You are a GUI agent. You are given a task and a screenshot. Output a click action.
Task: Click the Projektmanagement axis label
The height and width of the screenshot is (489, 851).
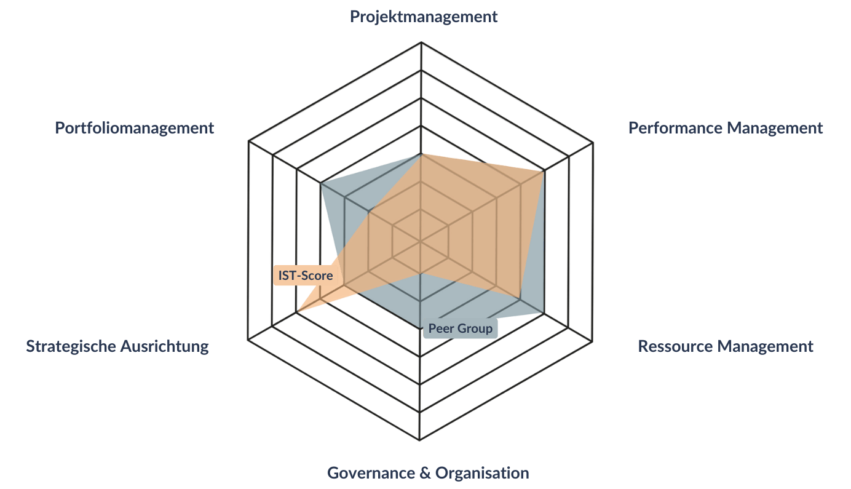click(424, 17)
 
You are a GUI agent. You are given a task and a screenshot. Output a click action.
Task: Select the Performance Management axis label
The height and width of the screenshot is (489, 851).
click(725, 128)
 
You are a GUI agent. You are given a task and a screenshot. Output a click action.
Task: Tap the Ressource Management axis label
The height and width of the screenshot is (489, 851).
click(725, 346)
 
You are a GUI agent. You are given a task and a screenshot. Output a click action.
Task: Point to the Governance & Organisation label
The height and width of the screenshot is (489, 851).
click(428, 474)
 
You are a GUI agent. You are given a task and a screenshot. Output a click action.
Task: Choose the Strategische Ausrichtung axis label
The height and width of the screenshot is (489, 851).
click(117, 346)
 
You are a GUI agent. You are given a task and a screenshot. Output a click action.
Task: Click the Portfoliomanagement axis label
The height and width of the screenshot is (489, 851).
click(135, 128)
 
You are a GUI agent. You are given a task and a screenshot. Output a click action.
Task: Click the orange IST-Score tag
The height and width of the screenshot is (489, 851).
click(306, 276)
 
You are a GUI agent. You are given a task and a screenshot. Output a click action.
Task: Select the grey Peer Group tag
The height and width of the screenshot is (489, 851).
click(460, 328)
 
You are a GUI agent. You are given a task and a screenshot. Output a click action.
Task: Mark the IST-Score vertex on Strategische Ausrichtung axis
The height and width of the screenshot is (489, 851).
click(296, 312)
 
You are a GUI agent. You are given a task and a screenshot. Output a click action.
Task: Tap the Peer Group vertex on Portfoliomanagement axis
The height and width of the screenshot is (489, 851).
click(320, 184)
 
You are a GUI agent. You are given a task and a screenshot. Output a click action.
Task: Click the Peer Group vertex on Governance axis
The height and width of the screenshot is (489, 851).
click(420, 328)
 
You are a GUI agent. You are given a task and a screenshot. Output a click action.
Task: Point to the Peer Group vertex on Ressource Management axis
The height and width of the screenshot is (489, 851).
click(544, 314)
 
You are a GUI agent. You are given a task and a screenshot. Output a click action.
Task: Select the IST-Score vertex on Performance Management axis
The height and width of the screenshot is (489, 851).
click(544, 171)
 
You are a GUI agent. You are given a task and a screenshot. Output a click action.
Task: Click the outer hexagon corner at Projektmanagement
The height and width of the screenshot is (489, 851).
click(421, 42)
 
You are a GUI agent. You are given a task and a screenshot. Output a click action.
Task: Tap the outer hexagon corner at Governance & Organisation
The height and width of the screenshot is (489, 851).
click(419, 440)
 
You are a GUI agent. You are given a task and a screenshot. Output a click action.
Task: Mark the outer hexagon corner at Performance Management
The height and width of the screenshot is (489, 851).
click(593, 143)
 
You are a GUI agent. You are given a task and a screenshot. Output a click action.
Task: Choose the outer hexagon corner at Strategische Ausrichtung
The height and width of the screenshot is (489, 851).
click(248, 340)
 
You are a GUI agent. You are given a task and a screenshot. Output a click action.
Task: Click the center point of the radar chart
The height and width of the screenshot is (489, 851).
click(420, 242)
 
